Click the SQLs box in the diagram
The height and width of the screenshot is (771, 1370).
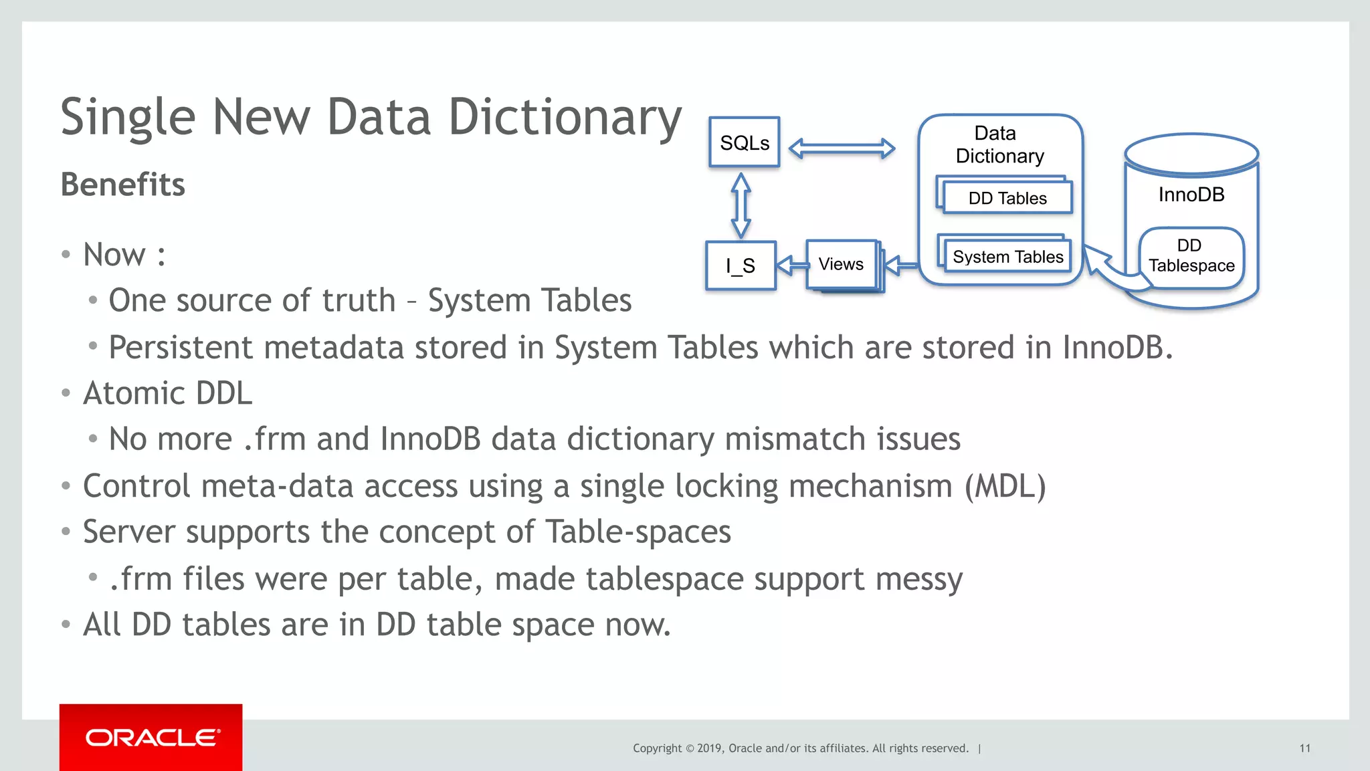pyautogui.click(x=744, y=142)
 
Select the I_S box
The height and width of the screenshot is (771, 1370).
pyautogui.click(x=741, y=265)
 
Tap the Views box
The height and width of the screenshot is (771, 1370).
pyautogui.click(x=841, y=264)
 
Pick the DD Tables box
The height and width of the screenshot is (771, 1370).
pyautogui.click(x=1007, y=198)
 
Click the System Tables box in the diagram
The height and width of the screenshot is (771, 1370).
pyautogui.click(x=1007, y=257)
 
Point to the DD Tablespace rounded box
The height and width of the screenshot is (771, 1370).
pyautogui.click(x=1191, y=256)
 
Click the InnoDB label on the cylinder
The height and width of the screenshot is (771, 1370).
pyautogui.click(x=1191, y=195)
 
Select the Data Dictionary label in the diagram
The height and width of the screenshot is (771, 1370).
pyautogui.click(x=999, y=144)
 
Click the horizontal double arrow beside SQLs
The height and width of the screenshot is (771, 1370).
pyautogui.click(x=842, y=148)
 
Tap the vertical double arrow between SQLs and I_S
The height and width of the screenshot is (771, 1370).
pyautogui.click(x=741, y=205)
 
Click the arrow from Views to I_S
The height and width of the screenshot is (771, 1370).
pyautogui.click(x=792, y=265)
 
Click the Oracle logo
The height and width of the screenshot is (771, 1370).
pyautogui.click(x=151, y=738)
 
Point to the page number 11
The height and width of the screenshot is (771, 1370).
pyautogui.click(x=1304, y=748)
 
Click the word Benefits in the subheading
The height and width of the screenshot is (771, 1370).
pyautogui.click(x=122, y=185)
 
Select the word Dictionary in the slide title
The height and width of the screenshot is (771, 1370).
pyautogui.click(x=565, y=118)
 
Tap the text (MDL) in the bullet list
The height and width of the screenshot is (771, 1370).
pyautogui.click(x=1005, y=486)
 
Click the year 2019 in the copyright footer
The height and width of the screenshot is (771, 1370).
pyautogui.click(x=709, y=748)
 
